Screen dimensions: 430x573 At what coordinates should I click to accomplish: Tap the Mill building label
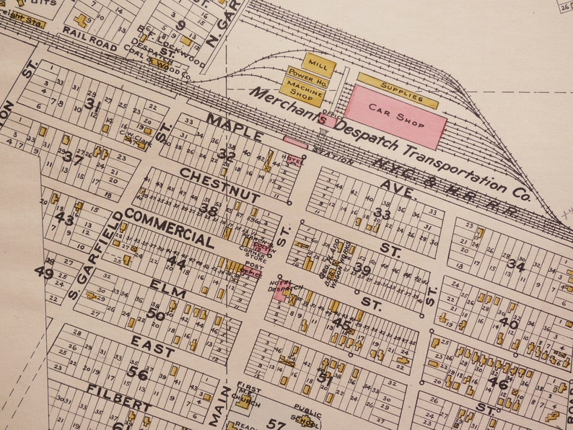coord(319,65)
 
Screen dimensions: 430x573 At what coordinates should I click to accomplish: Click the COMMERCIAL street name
coord(169,229)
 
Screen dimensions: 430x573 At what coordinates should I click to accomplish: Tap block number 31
coord(92,104)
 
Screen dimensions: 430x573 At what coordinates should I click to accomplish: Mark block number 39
coord(362,270)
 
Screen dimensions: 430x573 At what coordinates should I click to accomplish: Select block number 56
coord(137,373)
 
